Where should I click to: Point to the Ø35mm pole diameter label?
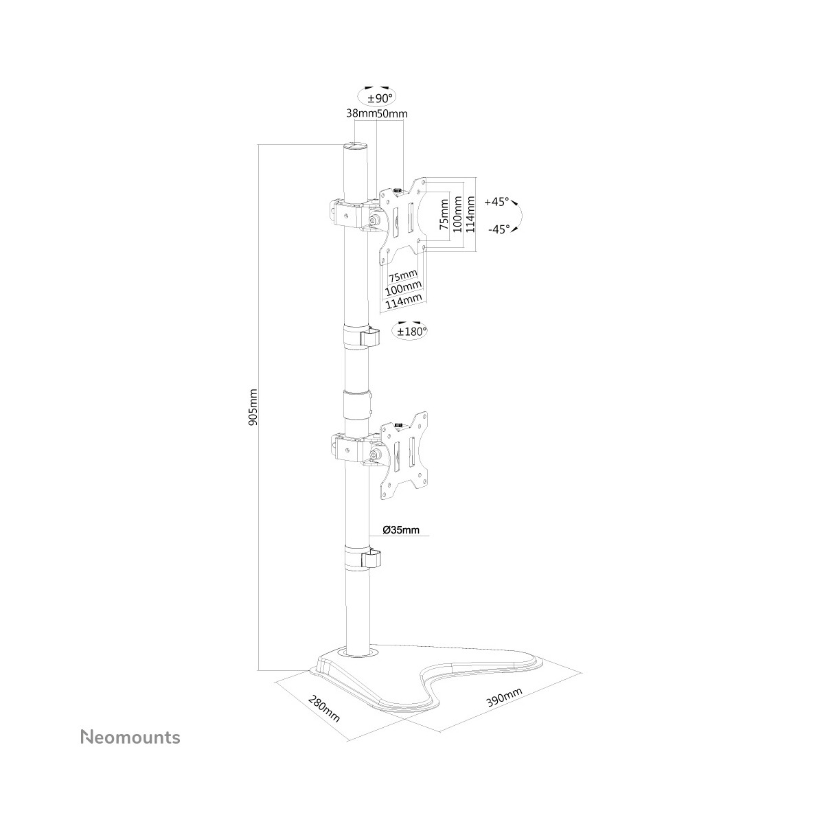click(401, 530)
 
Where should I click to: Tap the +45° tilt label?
click(497, 202)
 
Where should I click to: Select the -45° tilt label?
click(499, 229)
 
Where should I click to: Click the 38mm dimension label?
click(361, 113)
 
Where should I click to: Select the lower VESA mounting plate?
click(404, 457)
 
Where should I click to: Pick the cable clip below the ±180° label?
click(361, 336)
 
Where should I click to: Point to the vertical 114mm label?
click(470, 214)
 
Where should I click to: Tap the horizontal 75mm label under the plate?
click(402, 275)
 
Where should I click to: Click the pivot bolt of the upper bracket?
click(375, 220)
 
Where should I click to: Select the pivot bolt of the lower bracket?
click(375, 455)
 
